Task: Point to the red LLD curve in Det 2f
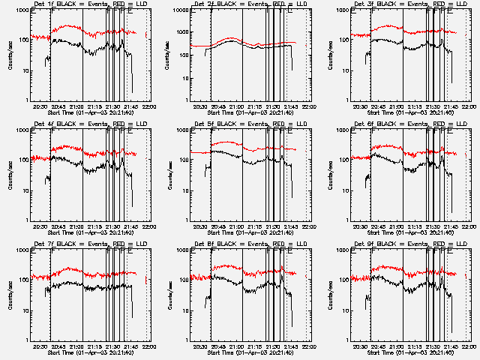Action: coord(232,39)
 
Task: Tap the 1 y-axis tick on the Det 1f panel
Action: coord(25,100)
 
